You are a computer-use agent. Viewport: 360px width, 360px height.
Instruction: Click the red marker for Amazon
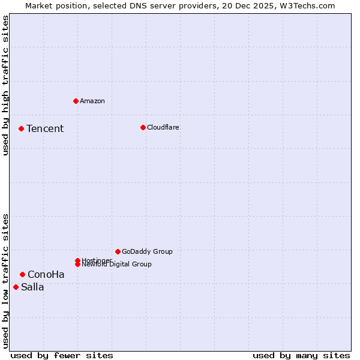click(76, 101)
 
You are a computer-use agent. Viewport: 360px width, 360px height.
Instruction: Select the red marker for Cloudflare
click(143, 127)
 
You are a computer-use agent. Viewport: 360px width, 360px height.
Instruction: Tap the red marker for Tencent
click(21, 128)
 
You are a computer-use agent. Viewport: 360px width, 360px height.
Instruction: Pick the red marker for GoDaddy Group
click(118, 251)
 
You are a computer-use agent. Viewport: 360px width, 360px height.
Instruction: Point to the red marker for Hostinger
click(77, 260)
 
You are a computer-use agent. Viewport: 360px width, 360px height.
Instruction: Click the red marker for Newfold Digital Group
click(77, 264)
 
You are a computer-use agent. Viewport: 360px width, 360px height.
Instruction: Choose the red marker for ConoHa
click(22, 274)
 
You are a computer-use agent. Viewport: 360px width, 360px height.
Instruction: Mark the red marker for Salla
click(16, 287)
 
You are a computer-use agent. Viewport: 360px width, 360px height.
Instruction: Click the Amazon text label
click(92, 101)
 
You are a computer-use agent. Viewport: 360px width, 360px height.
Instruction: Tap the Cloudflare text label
click(163, 127)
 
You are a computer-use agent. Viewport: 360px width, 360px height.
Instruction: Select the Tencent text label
click(45, 128)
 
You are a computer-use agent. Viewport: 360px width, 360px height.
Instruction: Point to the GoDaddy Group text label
click(147, 251)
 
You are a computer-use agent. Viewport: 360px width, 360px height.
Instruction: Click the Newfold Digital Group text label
click(116, 265)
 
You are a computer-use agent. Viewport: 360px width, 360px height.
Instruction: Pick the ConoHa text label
click(46, 274)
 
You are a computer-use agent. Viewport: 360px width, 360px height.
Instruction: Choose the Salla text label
click(32, 287)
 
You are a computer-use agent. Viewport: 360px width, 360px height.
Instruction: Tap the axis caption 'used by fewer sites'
click(62, 355)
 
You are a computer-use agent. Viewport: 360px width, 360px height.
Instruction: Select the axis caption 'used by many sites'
click(301, 355)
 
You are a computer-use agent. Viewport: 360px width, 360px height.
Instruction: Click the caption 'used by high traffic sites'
click(5, 85)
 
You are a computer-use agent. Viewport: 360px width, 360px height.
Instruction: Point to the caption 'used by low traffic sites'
click(5, 281)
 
